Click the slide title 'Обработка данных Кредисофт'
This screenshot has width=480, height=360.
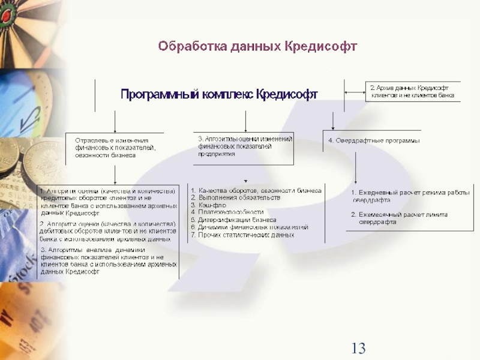tap(257, 46)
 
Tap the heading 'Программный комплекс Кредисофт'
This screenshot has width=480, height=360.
tap(219, 94)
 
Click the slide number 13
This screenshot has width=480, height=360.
tap(358, 347)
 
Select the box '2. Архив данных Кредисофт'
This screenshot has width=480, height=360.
tap(412, 91)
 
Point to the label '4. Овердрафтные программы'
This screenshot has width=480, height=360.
tap(373, 140)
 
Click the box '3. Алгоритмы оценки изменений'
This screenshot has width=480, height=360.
tap(244, 146)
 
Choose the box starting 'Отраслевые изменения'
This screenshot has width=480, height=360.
tap(115, 147)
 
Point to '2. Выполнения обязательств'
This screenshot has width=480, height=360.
tap(235, 197)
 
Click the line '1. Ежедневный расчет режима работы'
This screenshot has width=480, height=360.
tap(410, 192)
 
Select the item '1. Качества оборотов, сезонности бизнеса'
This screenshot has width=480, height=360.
tap(256, 190)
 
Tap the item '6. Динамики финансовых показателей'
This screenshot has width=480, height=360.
tap(249, 227)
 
